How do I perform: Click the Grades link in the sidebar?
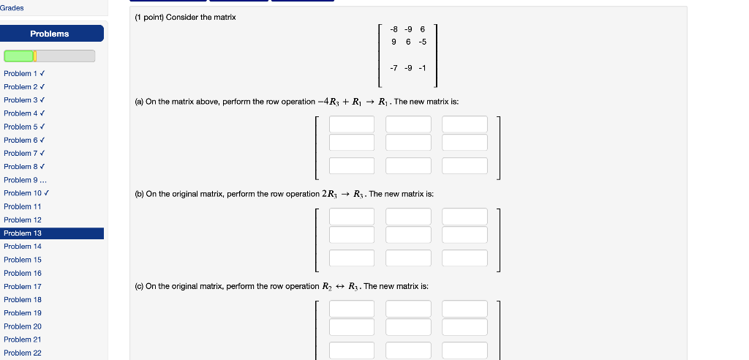pos(12,8)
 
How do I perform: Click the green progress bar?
pos(20,56)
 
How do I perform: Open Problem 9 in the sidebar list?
pos(21,180)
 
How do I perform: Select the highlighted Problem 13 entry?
pos(23,233)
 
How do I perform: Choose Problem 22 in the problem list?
pos(23,353)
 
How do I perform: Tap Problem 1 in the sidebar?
pos(21,74)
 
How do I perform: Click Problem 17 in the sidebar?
pos(23,287)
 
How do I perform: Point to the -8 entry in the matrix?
pos(394,29)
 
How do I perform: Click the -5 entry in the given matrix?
pos(422,42)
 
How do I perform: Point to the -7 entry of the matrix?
pos(394,68)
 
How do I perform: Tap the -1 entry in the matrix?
pos(422,68)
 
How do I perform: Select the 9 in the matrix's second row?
pos(395,42)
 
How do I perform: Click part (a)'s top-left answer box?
pos(351,124)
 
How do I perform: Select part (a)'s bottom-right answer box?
pos(464,166)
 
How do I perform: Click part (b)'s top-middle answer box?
pos(408,217)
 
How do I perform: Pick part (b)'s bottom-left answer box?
pos(351,258)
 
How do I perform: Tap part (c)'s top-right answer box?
pos(464,309)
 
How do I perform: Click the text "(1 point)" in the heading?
pos(149,17)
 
